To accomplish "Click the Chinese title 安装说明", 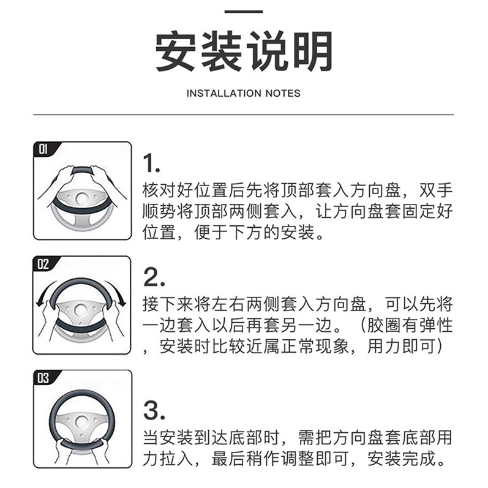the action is pos(244,51).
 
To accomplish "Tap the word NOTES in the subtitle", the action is pos(283,93).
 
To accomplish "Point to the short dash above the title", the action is pos(244,12).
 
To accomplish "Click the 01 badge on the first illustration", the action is pos(43,149).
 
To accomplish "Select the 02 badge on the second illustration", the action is pos(43,264).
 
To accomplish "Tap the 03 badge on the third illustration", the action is pos(43,378).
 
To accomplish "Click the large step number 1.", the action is pos(151,163).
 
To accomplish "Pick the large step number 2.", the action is pos(154,277).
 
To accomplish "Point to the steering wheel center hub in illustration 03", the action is pos(81,421).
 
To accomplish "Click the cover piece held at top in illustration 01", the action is pos(82,170).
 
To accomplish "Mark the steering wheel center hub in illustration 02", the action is pos(81,310).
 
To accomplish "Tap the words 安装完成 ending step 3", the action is pos(402,459).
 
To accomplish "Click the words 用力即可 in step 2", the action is pos(402,346).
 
